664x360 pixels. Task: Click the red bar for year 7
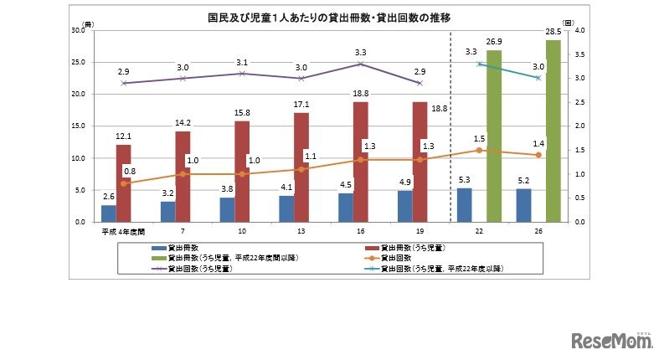(x=183, y=177)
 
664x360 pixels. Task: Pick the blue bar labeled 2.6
(x=108, y=213)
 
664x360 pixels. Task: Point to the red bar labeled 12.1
(x=123, y=183)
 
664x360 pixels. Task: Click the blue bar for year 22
(x=465, y=205)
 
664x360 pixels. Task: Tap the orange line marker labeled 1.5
(x=479, y=151)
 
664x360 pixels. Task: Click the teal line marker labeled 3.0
(x=538, y=78)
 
